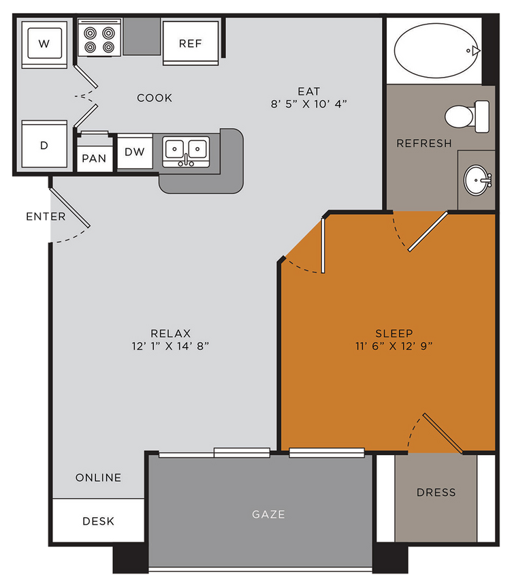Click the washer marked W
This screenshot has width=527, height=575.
click(x=44, y=45)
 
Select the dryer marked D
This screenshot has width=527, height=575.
click(x=44, y=146)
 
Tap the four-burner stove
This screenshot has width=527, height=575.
click(x=99, y=39)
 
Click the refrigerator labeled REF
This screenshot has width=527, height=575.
click(x=191, y=43)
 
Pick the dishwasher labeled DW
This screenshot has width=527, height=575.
click(x=135, y=152)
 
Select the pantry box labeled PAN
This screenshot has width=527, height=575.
click(x=94, y=158)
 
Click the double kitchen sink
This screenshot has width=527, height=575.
click(x=186, y=150)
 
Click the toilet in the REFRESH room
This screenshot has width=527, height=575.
click(x=467, y=116)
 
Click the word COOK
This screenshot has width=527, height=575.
click(x=155, y=98)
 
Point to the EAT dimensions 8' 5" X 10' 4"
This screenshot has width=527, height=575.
click(x=308, y=104)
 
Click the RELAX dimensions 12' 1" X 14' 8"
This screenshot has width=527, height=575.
click(x=170, y=346)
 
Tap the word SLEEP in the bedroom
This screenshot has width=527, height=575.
click(x=394, y=333)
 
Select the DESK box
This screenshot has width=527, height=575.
click(x=98, y=521)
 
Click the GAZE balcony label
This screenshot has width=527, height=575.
click(x=268, y=514)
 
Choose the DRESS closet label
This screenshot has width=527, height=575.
click(x=436, y=492)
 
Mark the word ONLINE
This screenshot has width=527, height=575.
click(x=98, y=478)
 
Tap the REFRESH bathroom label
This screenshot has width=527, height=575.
click(x=424, y=143)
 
